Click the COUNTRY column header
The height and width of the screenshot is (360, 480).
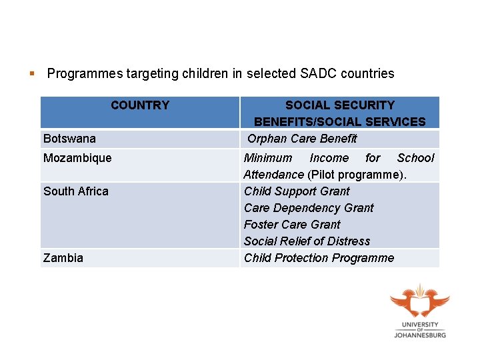[x=140, y=105]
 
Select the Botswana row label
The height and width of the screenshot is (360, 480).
[x=69, y=139]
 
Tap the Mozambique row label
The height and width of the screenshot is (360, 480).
[x=77, y=158]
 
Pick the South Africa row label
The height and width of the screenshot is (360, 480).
[x=75, y=191]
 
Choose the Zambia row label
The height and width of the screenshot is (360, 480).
[x=63, y=258]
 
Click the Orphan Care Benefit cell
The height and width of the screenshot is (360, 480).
[x=302, y=139]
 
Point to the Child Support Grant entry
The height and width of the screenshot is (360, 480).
[x=297, y=191]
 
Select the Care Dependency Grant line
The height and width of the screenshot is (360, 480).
[x=309, y=208]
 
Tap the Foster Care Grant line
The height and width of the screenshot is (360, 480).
[x=292, y=225]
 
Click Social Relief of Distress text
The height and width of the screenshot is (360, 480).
[x=307, y=241]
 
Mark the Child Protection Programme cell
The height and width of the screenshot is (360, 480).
[x=319, y=258]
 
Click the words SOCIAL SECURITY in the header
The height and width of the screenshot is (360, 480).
[x=339, y=105]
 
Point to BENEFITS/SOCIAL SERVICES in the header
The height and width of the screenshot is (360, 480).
[x=339, y=122]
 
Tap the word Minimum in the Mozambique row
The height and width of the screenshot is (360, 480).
[x=268, y=158]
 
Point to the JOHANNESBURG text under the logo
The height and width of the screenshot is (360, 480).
[x=420, y=335]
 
